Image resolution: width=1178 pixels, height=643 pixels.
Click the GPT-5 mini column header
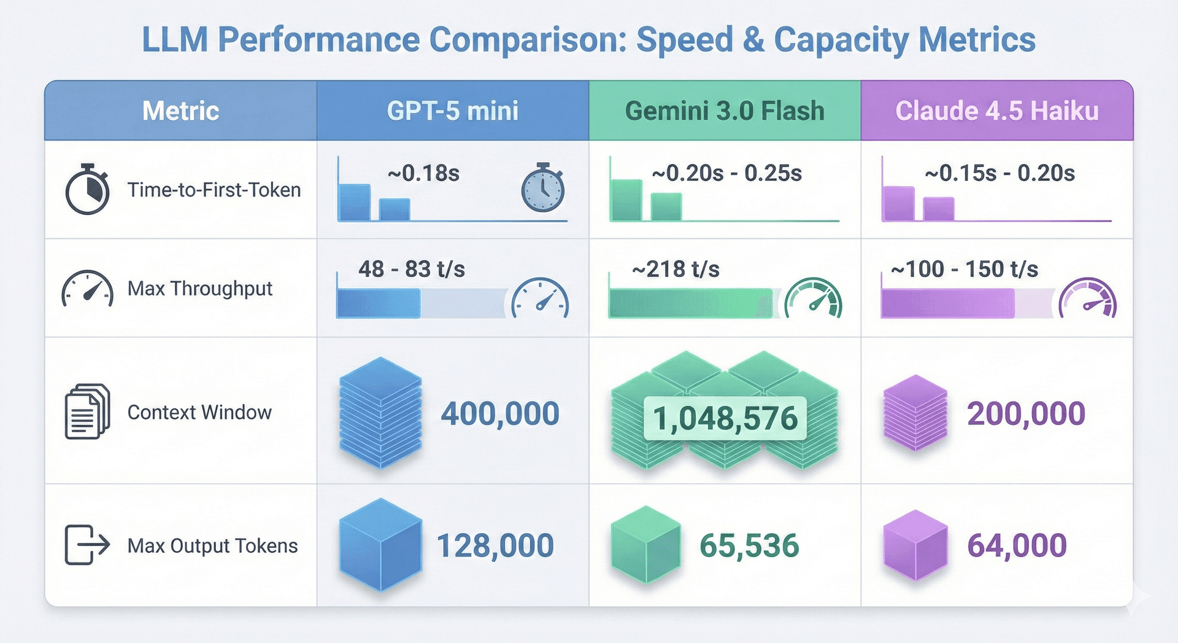coord(452,111)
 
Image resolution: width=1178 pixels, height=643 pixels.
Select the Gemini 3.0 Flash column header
coord(725,111)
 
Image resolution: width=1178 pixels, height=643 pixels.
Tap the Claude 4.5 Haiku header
coord(996,111)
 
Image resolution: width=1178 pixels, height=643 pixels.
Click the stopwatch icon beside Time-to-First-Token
coord(87,189)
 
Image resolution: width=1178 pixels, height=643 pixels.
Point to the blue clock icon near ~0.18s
coord(542,189)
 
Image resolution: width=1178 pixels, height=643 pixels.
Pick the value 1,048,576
coord(725,418)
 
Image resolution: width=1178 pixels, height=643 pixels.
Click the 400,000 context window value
coord(500,413)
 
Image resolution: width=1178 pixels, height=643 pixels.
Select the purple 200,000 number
coord(1026,413)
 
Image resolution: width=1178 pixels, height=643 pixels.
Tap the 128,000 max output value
coord(495,545)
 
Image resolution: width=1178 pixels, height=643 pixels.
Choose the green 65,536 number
coord(749,545)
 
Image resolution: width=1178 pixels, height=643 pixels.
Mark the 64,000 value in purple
coord(1017,545)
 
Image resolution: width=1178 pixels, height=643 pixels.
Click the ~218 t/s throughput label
coord(676,269)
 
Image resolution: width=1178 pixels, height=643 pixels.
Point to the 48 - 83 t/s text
coord(412,269)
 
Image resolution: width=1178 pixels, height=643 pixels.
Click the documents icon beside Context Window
coord(87,411)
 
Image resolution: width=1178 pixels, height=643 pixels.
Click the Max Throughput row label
coord(199,288)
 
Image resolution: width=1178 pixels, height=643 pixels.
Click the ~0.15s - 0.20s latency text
coord(999,173)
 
